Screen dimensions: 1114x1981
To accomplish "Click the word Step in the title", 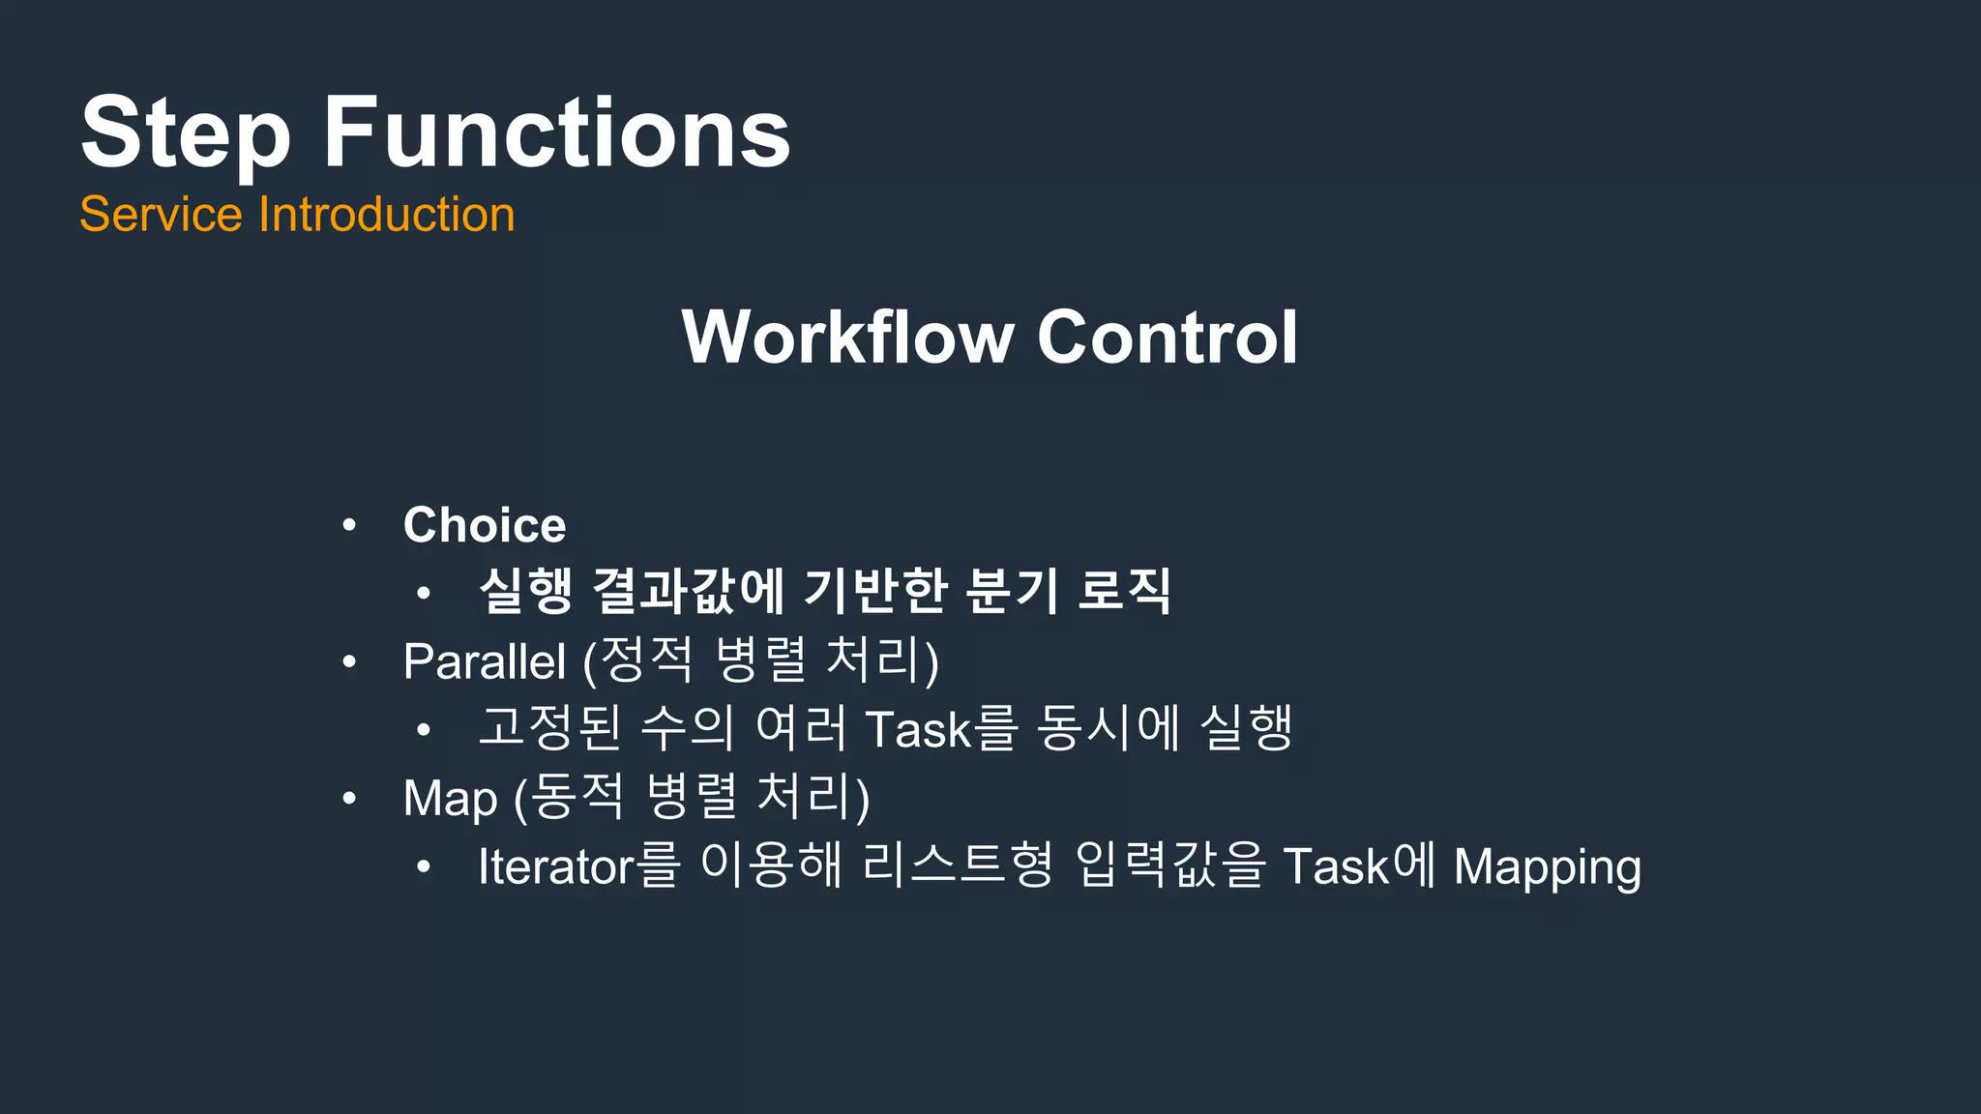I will [x=185, y=133].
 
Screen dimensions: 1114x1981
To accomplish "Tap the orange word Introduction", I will [x=386, y=214].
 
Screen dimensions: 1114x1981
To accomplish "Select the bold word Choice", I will [x=485, y=525].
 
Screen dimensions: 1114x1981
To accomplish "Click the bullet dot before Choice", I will [x=349, y=526].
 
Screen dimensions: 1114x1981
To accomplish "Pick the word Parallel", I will [x=484, y=661].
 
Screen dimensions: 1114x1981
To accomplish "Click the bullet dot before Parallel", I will [x=349, y=662].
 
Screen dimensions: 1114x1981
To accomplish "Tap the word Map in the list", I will [x=450, y=799].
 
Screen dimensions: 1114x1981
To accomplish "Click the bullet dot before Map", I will [x=349, y=799].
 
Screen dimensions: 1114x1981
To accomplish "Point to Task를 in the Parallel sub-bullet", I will [x=941, y=728].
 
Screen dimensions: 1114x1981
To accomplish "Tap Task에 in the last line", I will [x=1359, y=865].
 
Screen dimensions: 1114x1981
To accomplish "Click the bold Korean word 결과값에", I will [x=688, y=591].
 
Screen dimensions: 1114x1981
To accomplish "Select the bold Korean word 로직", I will [x=1123, y=591].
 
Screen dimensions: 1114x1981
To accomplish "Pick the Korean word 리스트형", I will [x=956, y=865].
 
